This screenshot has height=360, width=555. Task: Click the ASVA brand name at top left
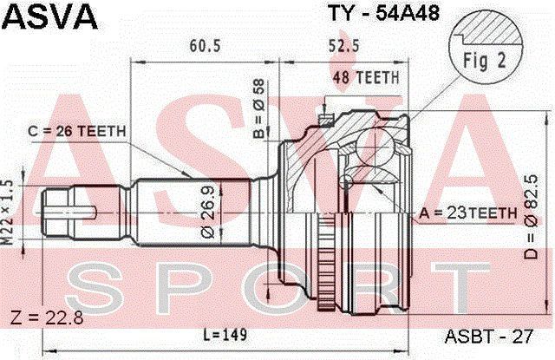point(49,17)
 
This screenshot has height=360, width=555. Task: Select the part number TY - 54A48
point(383,14)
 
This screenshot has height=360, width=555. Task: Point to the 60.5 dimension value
point(205,46)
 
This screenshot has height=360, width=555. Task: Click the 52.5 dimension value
point(344,46)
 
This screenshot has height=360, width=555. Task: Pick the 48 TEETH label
point(366,77)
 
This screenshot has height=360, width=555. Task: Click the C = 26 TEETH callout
point(77,131)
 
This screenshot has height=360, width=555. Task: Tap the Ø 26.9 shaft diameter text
point(208,212)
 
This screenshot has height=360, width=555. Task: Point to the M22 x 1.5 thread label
point(8,213)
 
